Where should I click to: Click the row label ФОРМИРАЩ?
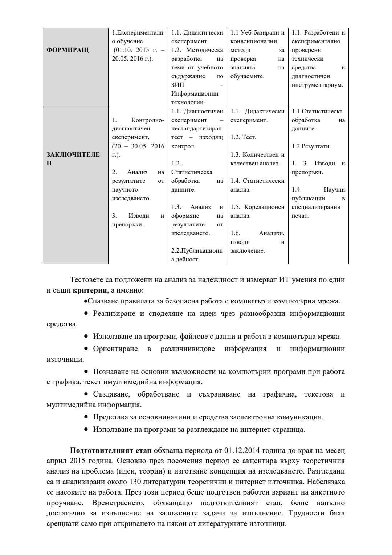click(x=68, y=50)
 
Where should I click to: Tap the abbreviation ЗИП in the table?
click(x=177, y=85)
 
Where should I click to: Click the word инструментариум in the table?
click(x=317, y=85)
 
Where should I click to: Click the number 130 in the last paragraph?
click(x=135, y=482)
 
